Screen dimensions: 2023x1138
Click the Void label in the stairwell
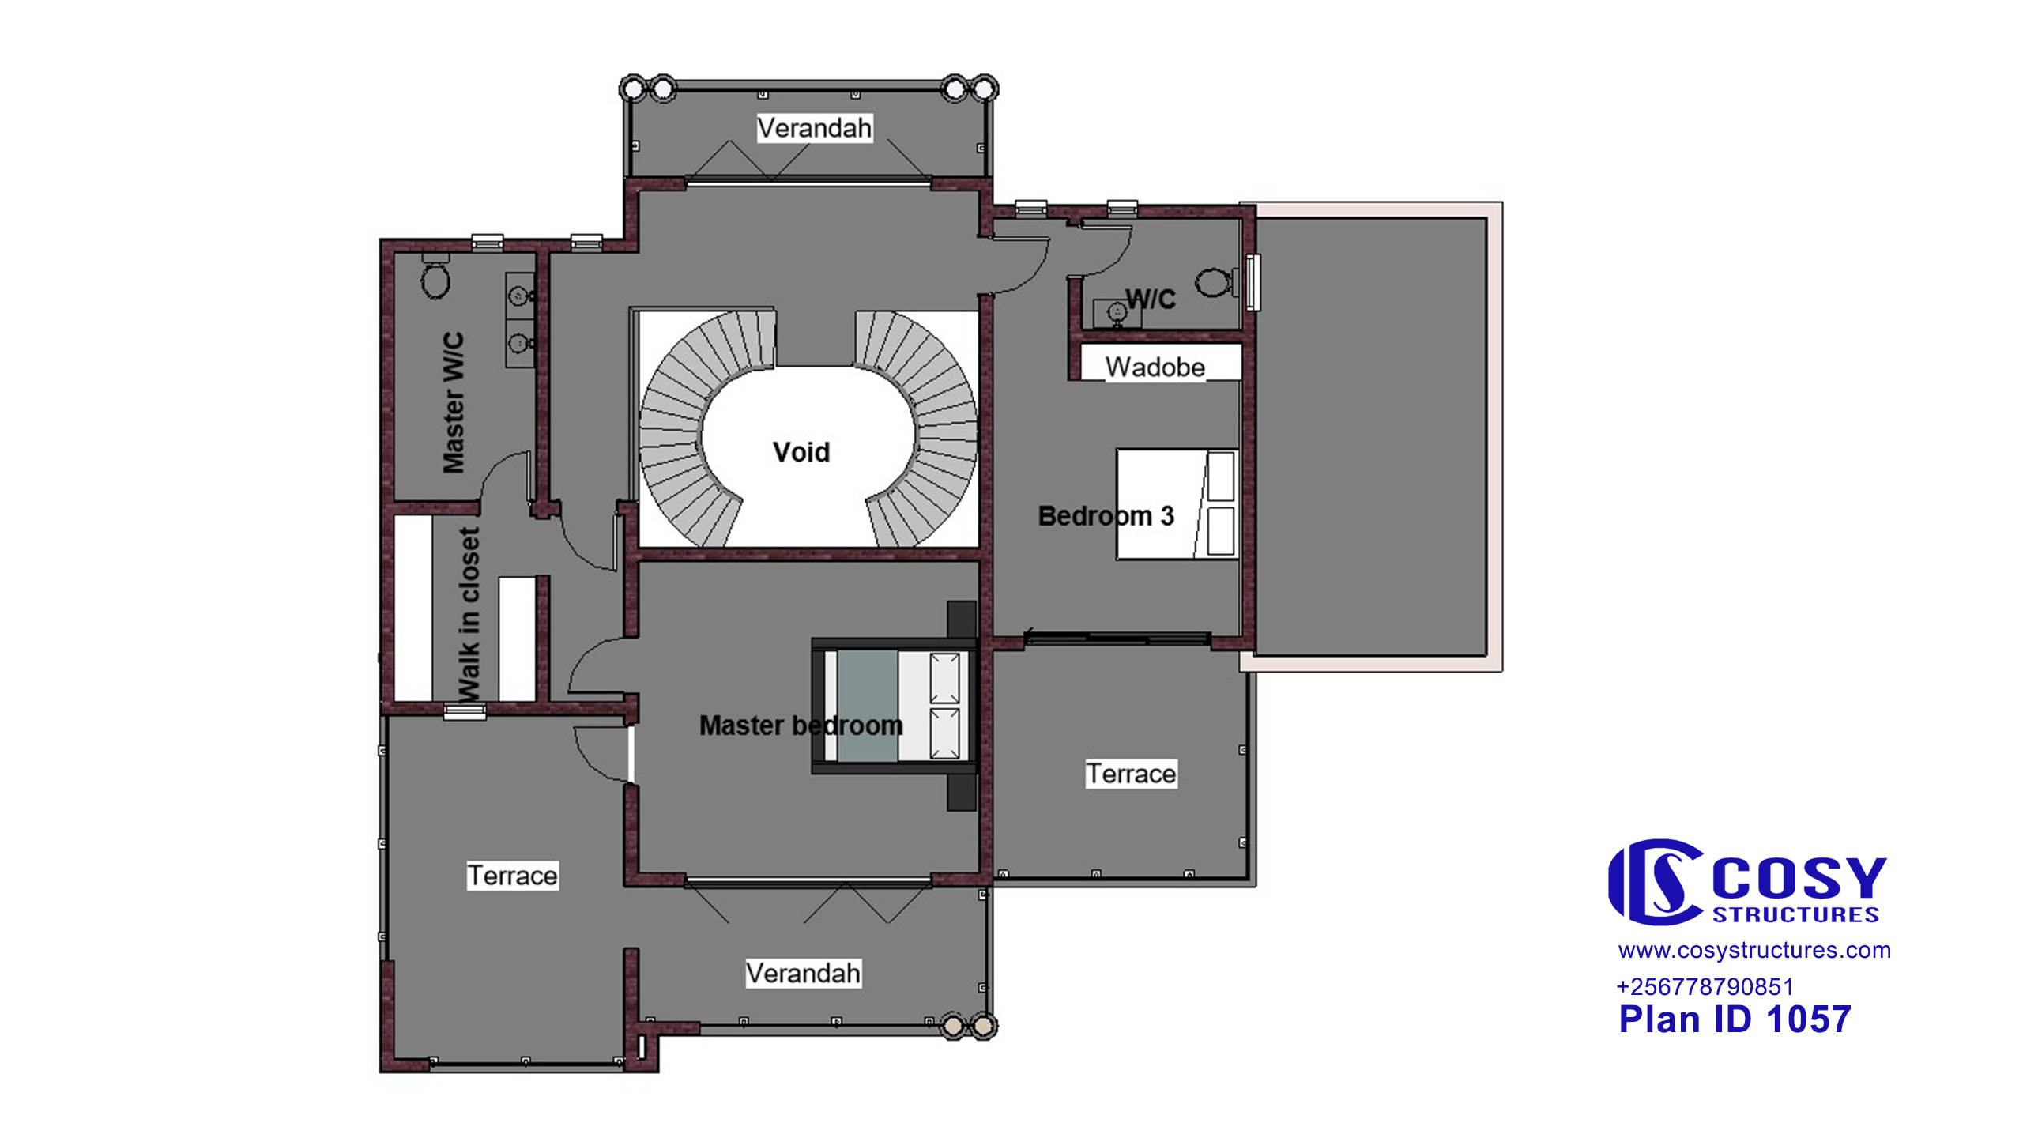pyautogui.click(x=801, y=452)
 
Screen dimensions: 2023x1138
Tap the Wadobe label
pyautogui.click(x=1155, y=367)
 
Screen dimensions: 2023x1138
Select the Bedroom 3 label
pyautogui.click(x=1106, y=516)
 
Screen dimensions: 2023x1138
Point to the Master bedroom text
pyautogui.click(x=801, y=725)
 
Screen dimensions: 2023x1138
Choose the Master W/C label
pyautogui.click(x=454, y=403)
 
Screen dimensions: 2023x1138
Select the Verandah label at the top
pyautogui.click(x=815, y=128)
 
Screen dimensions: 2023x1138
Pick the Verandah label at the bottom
pyautogui.click(x=804, y=973)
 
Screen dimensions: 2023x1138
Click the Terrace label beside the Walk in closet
pyautogui.click(x=512, y=876)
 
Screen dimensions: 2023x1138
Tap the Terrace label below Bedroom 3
pyautogui.click(x=1131, y=773)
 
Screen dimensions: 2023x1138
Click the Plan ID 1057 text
pyautogui.click(x=1735, y=1019)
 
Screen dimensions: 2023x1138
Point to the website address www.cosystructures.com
pyautogui.click(x=1754, y=950)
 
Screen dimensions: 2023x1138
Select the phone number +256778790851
pyautogui.click(x=1705, y=986)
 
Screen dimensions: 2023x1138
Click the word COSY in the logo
pyautogui.click(x=1799, y=879)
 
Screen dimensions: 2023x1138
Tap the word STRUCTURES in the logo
pyautogui.click(x=1795, y=914)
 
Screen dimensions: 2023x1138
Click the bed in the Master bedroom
pyautogui.click(x=895, y=705)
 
